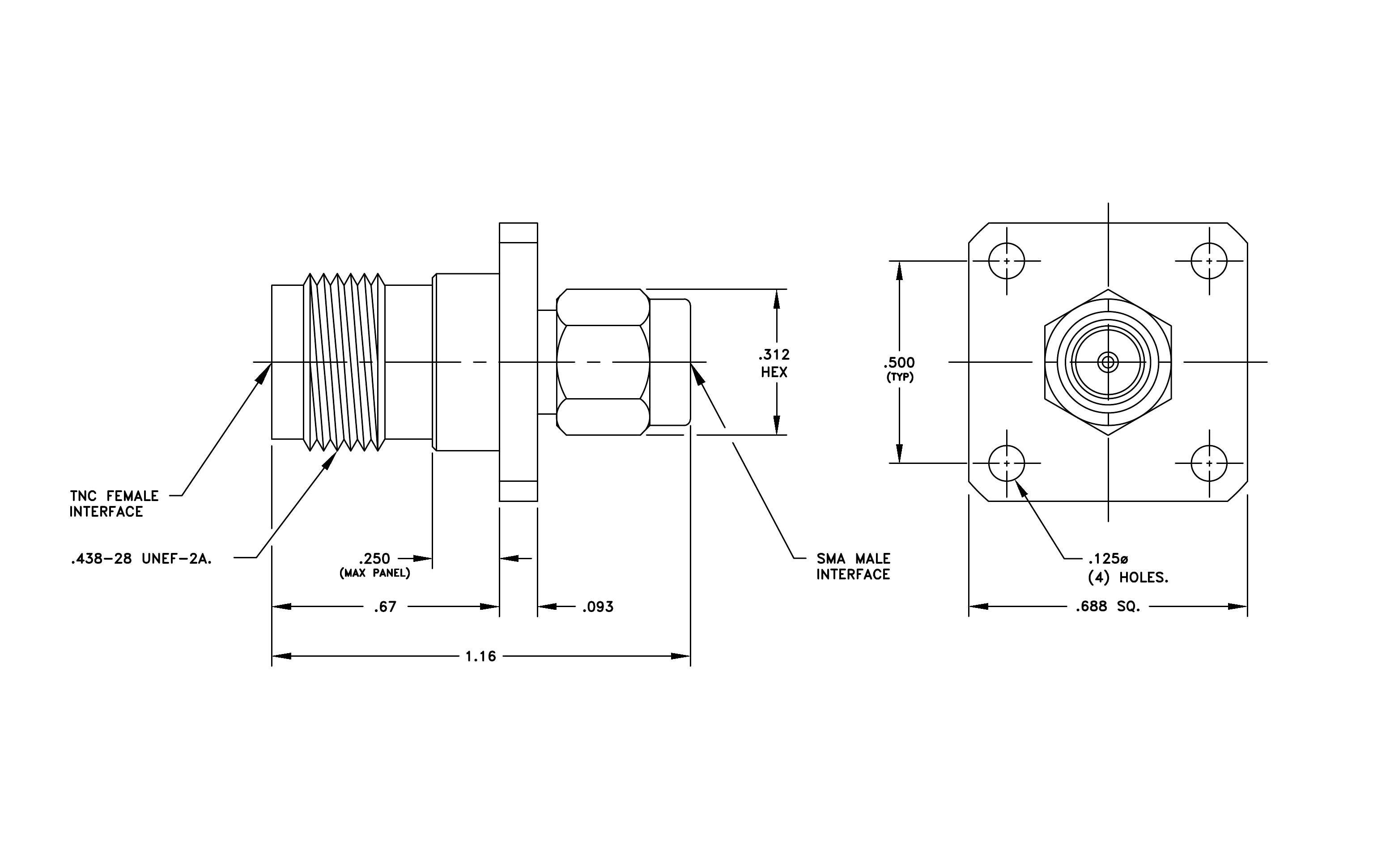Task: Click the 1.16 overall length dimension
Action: (x=480, y=657)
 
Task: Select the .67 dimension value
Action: (x=385, y=607)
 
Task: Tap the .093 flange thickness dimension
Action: (x=598, y=607)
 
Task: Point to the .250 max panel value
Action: (x=374, y=559)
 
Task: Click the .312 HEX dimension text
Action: (x=774, y=363)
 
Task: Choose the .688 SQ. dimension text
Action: (x=1108, y=607)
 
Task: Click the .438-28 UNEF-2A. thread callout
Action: (x=141, y=559)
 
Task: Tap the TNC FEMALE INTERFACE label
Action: (x=114, y=504)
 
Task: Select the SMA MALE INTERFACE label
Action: (x=853, y=567)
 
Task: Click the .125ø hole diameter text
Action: (x=1108, y=559)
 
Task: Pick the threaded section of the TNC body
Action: (x=344, y=362)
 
